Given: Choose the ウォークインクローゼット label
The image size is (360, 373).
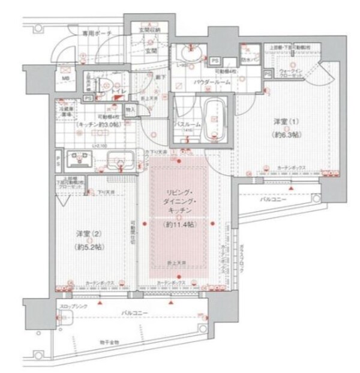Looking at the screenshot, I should [x=291, y=74].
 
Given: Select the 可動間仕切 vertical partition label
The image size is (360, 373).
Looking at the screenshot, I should [x=133, y=233].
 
